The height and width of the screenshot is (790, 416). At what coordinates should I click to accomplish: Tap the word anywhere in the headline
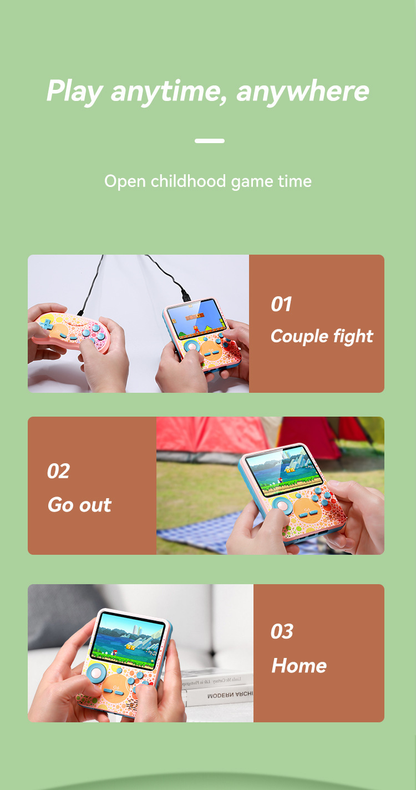pyautogui.click(x=303, y=92)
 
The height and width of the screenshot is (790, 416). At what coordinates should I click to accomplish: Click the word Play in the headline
pyautogui.click(x=75, y=92)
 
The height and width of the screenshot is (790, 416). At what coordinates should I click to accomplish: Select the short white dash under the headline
pyautogui.click(x=210, y=141)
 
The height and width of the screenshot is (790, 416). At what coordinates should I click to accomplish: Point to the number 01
pyautogui.click(x=281, y=304)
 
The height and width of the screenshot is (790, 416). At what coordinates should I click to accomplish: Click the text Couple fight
pyautogui.click(x=322, y=336)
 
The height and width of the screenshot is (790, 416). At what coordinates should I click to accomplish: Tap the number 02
pyautogui.click(x=59, y=471)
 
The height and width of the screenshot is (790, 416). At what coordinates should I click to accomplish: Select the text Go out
pyautogui.click(x=79, y=505)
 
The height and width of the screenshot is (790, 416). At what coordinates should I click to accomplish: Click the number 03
pyautogui.click(x=282, y=631)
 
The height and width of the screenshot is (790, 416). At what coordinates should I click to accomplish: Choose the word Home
pyautogui.click(x=299, y=666)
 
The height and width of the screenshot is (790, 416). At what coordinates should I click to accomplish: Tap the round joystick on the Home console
pyautogui.click(x=96, y=673)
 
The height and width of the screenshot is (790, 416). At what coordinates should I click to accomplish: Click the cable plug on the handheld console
pyautogui.click(x=185, y=295)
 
